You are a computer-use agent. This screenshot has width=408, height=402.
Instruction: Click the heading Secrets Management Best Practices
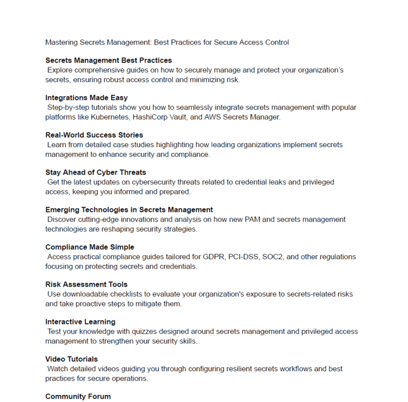coord(108,61)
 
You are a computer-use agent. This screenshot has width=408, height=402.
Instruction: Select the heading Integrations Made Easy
coord(86,98)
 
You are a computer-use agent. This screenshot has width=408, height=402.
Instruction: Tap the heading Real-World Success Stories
coord(94,135)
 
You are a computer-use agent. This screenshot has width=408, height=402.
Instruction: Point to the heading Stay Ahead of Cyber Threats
coord(96,172)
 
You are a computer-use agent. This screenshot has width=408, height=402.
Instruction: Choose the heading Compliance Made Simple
coord(90,247)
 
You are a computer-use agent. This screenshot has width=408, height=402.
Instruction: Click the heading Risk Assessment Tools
coord(86,284)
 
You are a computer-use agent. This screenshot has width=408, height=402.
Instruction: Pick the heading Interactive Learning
coord(80,321)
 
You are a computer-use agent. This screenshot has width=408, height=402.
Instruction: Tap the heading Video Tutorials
coord(72,359)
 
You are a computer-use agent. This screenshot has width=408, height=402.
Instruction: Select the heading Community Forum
coord(78,396)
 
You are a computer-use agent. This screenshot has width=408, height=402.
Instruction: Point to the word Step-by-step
coord(67,107)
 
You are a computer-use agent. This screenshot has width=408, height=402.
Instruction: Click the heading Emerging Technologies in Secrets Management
coord(129,210)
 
